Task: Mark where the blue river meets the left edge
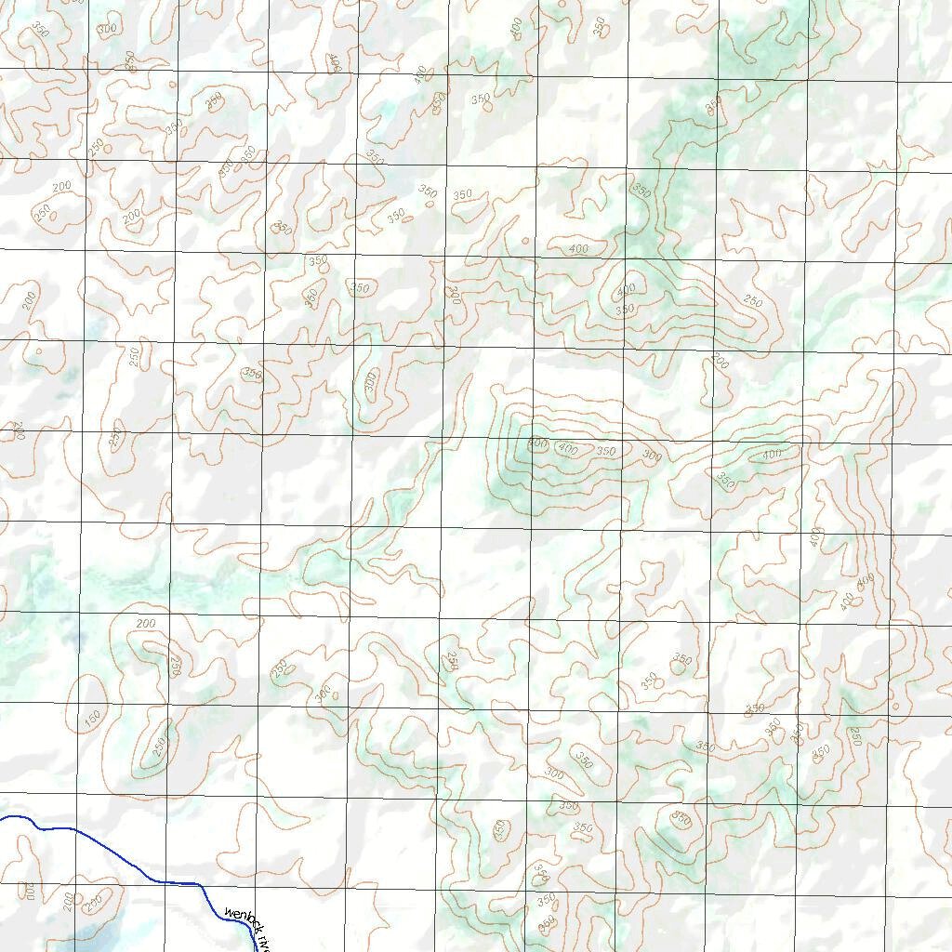click(x=2, y=817)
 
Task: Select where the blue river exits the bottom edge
click(x=255, y=949)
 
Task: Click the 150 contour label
click(x=91, y=719)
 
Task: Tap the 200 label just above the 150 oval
click(x=146, y=623)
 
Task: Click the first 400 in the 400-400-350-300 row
click(x=537, y=443)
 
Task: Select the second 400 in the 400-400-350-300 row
click(x=567, y=450)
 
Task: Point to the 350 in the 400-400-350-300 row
click(x=606, y=452)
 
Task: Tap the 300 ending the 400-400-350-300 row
click(x=653, y=456)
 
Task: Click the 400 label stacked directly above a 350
click(x=626, y=289)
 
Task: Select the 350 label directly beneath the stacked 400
click(x=625, y=309)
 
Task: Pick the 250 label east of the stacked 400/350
click(x=752, y=302)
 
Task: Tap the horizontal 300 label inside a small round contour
click(x=323, y=694)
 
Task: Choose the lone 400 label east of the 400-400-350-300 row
click(x=771, y=454)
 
